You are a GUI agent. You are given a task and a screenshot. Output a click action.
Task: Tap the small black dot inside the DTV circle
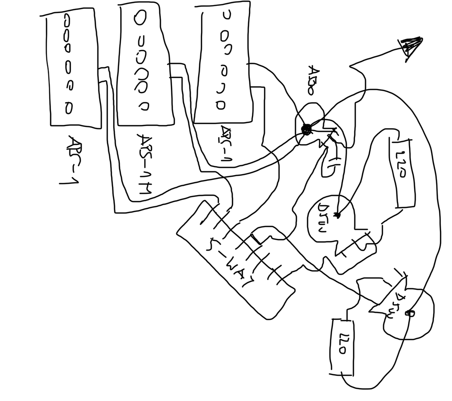337,215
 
